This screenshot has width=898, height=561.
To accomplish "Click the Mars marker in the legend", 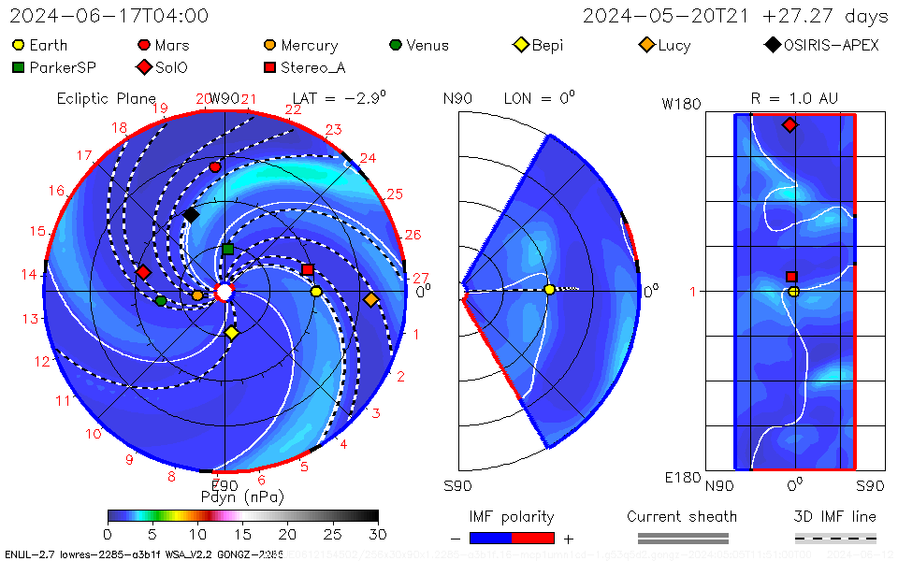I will pyautogui.click(x=144, y=45).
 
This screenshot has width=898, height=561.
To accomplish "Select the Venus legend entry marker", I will pyautogui.click(x=396, y=45).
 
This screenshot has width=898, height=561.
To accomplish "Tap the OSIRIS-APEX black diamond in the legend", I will pyautogui.click(x=773, y=45).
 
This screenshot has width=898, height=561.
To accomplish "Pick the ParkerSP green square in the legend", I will pyautogui.click(x=19, y=67).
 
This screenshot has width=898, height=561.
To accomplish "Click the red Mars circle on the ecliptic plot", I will pyautogui.click(x=215, y=167).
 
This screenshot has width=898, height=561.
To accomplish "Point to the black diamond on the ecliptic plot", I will pyautogui.click(x=191, y=215).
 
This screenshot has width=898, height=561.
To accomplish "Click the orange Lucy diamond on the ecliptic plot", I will pyautogui.click(x=370, y=299).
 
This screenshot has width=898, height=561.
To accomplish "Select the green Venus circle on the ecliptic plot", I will pyautogui.click(x=161, y=300).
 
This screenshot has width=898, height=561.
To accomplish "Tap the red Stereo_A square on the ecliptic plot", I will pyautogui.click(x=308, y=270).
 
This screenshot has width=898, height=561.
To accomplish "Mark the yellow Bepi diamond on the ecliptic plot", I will pyautogui.click(x=232, y=332).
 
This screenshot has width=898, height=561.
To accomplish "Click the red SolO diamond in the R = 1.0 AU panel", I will pyautogui.click(x=789, y=124).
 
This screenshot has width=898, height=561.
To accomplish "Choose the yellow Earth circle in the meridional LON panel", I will pyautogui.click(x=549, y=290).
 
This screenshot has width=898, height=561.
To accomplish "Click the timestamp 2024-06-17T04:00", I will pyautogui.click(x=109, y=16).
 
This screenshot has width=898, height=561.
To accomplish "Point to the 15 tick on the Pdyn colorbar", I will pyautogui.click(x=243, y=533).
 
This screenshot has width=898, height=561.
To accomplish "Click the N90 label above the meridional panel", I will pyautogui.click(x=457, y=98).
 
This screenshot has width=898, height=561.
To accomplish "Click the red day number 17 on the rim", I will pyautogui.click(x=84, y=155).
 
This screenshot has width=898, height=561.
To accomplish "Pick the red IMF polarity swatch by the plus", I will pyautogui.click(x=533, y=538).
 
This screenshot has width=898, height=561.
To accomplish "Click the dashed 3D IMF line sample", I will pyautogui.click(x=835, y=538).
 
